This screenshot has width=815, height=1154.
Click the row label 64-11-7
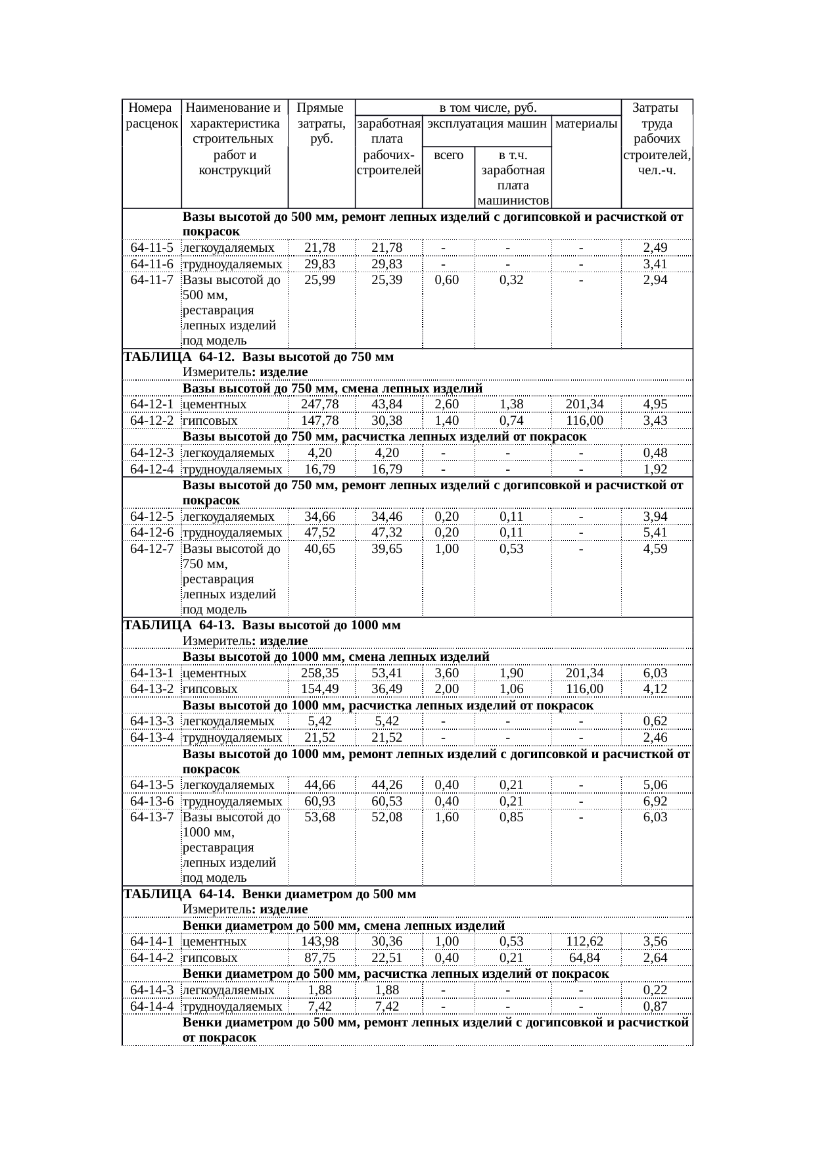(x=152, y=279)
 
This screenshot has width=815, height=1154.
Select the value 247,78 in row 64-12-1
(x=319, y=404)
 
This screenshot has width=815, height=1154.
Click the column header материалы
(x=586, y=123)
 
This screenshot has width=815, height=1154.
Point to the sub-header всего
(x=449, y=156)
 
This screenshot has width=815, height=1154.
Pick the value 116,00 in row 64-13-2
(x=586, y=688)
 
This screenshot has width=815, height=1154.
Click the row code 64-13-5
(x=152, y=784)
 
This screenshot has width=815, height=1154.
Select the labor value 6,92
(x=655, y=801)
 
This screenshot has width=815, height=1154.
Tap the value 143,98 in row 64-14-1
(x=319, y=941)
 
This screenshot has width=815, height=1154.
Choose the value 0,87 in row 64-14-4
(x=655, y=1006)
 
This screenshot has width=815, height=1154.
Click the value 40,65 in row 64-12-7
(x=319, y=548)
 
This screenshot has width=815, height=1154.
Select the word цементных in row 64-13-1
(x=215, y=673)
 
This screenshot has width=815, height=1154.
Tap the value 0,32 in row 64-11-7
(x=511, y=279)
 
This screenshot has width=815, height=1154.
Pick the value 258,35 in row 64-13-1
(x=319, y=673)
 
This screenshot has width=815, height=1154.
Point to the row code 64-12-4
(x=152, y=469)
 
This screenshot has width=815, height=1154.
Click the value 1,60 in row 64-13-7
(x=447, y=817)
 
